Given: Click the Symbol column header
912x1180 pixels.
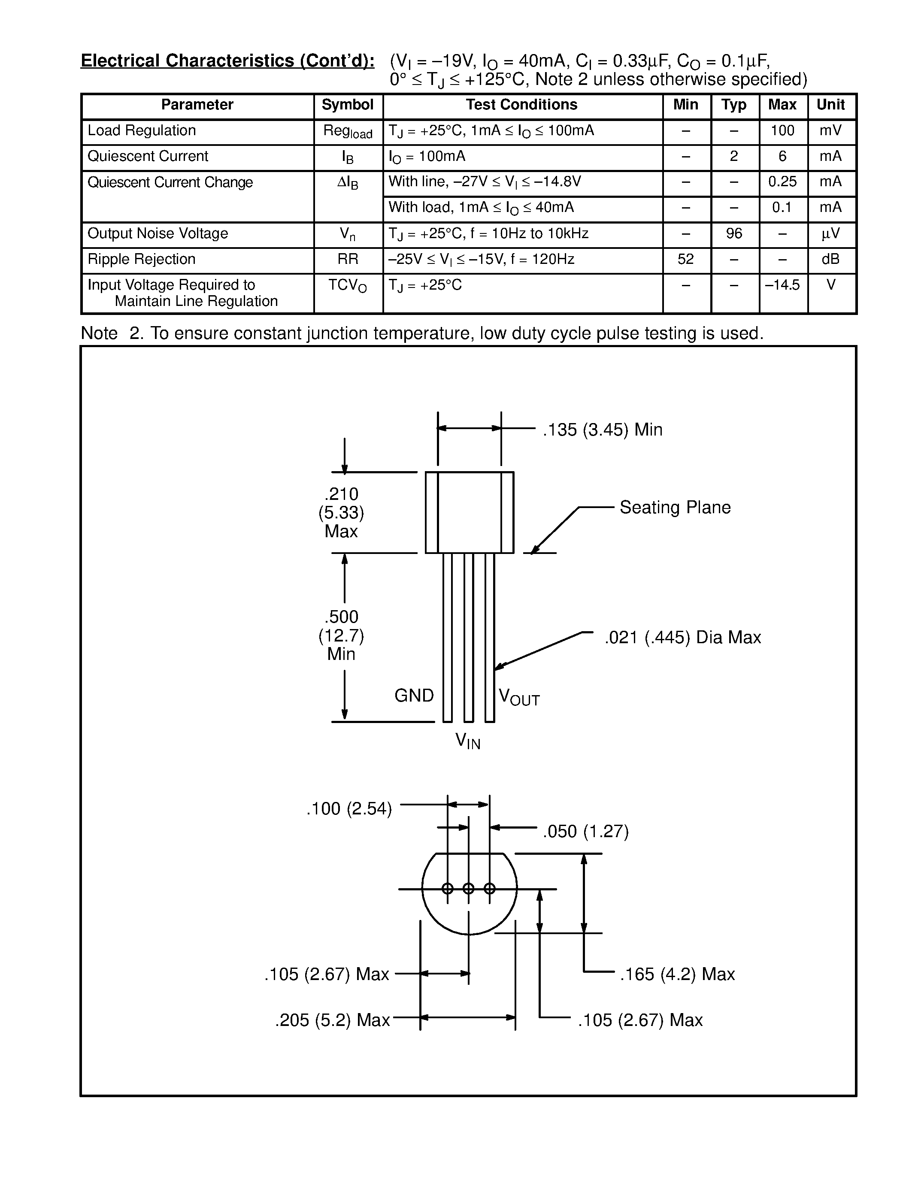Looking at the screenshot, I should (347, 105).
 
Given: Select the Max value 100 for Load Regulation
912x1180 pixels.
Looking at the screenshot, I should (782, 131).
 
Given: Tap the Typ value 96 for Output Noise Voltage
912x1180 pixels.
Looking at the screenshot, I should (734, 233).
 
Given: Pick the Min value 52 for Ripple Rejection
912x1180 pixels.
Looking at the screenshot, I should (686, 259).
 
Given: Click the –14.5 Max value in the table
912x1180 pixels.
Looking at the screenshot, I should (782, 285).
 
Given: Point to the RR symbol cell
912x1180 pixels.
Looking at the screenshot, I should (347, 259).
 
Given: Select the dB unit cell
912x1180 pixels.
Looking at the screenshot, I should (830, 259).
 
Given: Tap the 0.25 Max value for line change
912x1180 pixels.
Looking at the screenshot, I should (782, 182).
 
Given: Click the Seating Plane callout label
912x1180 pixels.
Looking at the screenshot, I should (675, 507).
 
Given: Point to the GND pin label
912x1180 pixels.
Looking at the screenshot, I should (414, 696).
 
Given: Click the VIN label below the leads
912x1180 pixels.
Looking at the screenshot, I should (468, 740).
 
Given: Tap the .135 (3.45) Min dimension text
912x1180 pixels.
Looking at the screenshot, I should (603, 430).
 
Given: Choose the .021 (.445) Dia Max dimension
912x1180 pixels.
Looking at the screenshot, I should (682, 638).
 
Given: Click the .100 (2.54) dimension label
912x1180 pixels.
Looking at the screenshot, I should (349, 809).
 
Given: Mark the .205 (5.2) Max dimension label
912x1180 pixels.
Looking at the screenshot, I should (332, 1020).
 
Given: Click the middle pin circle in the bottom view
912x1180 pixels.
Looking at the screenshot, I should (468, 889).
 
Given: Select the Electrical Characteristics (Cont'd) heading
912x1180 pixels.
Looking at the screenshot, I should (227, 61).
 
